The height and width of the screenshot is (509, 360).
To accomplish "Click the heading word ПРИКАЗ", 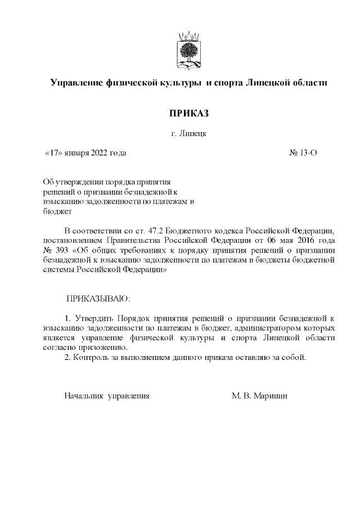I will point(189,114).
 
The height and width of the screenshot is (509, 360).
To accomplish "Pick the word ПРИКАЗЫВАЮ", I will point(98,296).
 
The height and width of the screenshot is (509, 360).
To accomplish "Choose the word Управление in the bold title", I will point(76,83).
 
